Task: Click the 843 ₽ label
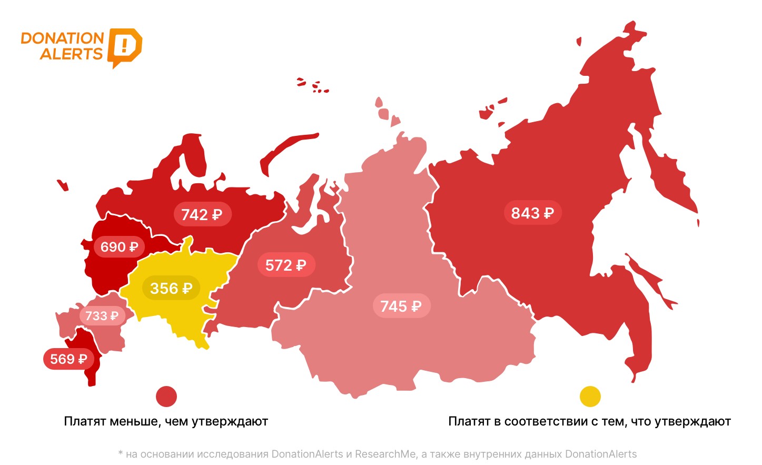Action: (x=532, y=213)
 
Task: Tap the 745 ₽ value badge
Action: (x=401, y=306)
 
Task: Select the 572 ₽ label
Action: (x=286, y=265)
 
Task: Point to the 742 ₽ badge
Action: (x=202, y=214)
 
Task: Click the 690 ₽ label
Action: (x=119, y=246)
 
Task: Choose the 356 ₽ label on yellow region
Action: (x=171, y=288)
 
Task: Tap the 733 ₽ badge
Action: (x=102, y=315)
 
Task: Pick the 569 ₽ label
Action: (x=68, y=359)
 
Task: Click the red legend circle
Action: (x=166, y=397)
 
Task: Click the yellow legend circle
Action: (x=590, y=397)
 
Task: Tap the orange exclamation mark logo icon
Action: (x=124, y=47)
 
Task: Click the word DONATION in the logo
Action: (x=62, y=38)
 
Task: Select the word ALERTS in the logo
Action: (x=71, y=54)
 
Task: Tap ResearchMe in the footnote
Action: (x=385, y=454)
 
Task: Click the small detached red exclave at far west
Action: (x=63, y=185)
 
